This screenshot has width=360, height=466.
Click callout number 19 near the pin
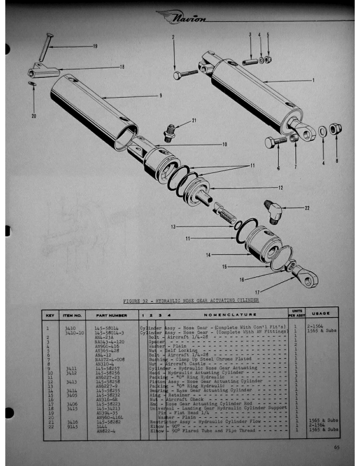[x=94, y=46]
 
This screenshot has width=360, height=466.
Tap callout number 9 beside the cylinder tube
[x=160, y=95]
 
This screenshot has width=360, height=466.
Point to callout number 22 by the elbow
[x=306, y=207]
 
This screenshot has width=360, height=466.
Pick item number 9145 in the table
[x=71, y=425]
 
